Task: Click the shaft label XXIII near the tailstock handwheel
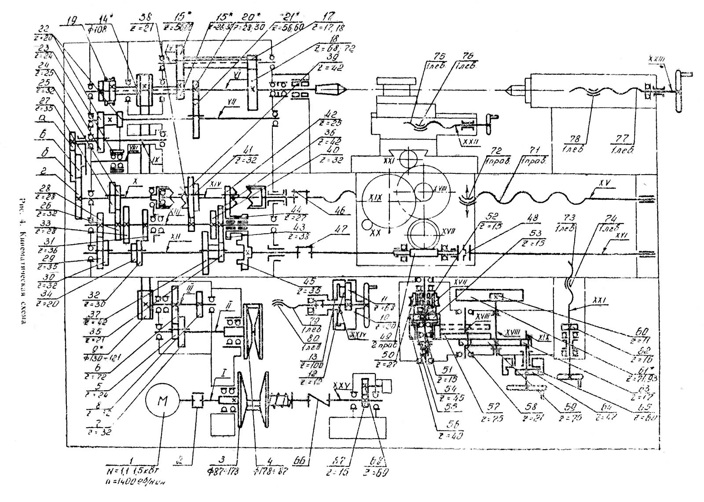[656, 58]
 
